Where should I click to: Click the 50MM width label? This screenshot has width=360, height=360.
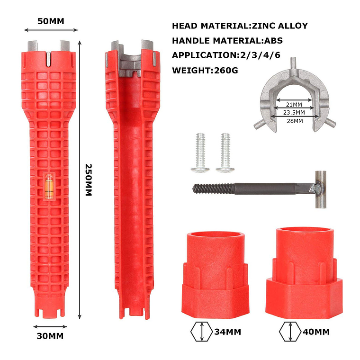click(x=51, y=21)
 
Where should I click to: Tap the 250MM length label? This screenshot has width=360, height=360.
click(x=89, y=180)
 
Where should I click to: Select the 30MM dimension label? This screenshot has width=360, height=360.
click(x=50, y=336)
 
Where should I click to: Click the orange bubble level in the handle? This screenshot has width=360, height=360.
click(x=49, y=186)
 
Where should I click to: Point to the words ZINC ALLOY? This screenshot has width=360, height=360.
click(x=280, y=26)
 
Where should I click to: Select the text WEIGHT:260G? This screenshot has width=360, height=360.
click(x=205, y=70)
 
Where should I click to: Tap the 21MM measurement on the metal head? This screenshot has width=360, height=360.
click(x=294, y=105)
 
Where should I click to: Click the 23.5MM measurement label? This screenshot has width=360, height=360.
click(x=294, y=113)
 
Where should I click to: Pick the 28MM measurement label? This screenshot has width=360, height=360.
click(x=295, y=121)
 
